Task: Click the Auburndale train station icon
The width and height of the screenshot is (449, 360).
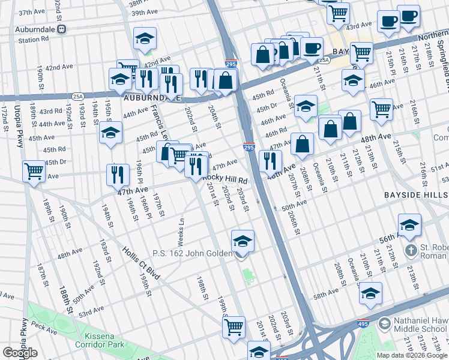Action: pos(61,29)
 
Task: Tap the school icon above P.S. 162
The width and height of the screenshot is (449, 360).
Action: pos(243,242)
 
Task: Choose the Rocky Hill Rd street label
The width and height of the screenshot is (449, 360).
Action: pos(225,179)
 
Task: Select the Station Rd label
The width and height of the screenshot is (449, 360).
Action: pos(32,40)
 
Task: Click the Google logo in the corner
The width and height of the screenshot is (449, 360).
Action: pos(20,353)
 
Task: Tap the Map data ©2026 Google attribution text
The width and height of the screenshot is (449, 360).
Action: pos(412,355)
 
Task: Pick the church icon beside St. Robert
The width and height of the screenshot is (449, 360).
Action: pos(411,249)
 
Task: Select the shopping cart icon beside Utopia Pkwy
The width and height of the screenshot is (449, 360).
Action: pos(34,171)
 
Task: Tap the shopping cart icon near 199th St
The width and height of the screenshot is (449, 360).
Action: pos(234,328)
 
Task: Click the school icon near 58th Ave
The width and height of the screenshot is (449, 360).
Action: pos(370,294)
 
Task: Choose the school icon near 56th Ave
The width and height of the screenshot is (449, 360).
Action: pos(409,225)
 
